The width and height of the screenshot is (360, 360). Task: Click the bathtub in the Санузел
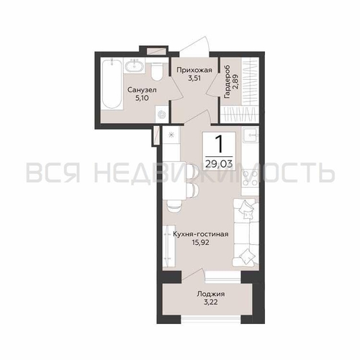[111, 84]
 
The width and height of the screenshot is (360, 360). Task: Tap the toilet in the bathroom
[157, 71]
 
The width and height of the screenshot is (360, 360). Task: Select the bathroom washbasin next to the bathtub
[135, 65]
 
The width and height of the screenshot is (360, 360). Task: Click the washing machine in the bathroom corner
[161, 114]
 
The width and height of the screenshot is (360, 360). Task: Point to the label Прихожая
[194, 70]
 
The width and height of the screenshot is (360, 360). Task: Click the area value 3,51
[194, 78]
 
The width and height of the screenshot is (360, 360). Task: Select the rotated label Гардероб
[227, 81]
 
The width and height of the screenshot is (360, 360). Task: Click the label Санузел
[142, 90]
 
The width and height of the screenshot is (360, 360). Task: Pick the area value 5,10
[142, 98]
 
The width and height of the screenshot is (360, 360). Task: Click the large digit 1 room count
[220, 144]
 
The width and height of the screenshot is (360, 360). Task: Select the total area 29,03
[219, 164]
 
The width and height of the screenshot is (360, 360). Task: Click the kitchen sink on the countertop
[251, 135]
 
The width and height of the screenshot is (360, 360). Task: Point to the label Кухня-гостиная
[201, 234]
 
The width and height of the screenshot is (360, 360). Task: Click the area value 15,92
[201, 243]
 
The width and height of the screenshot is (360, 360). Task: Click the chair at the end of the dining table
[174, 207]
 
